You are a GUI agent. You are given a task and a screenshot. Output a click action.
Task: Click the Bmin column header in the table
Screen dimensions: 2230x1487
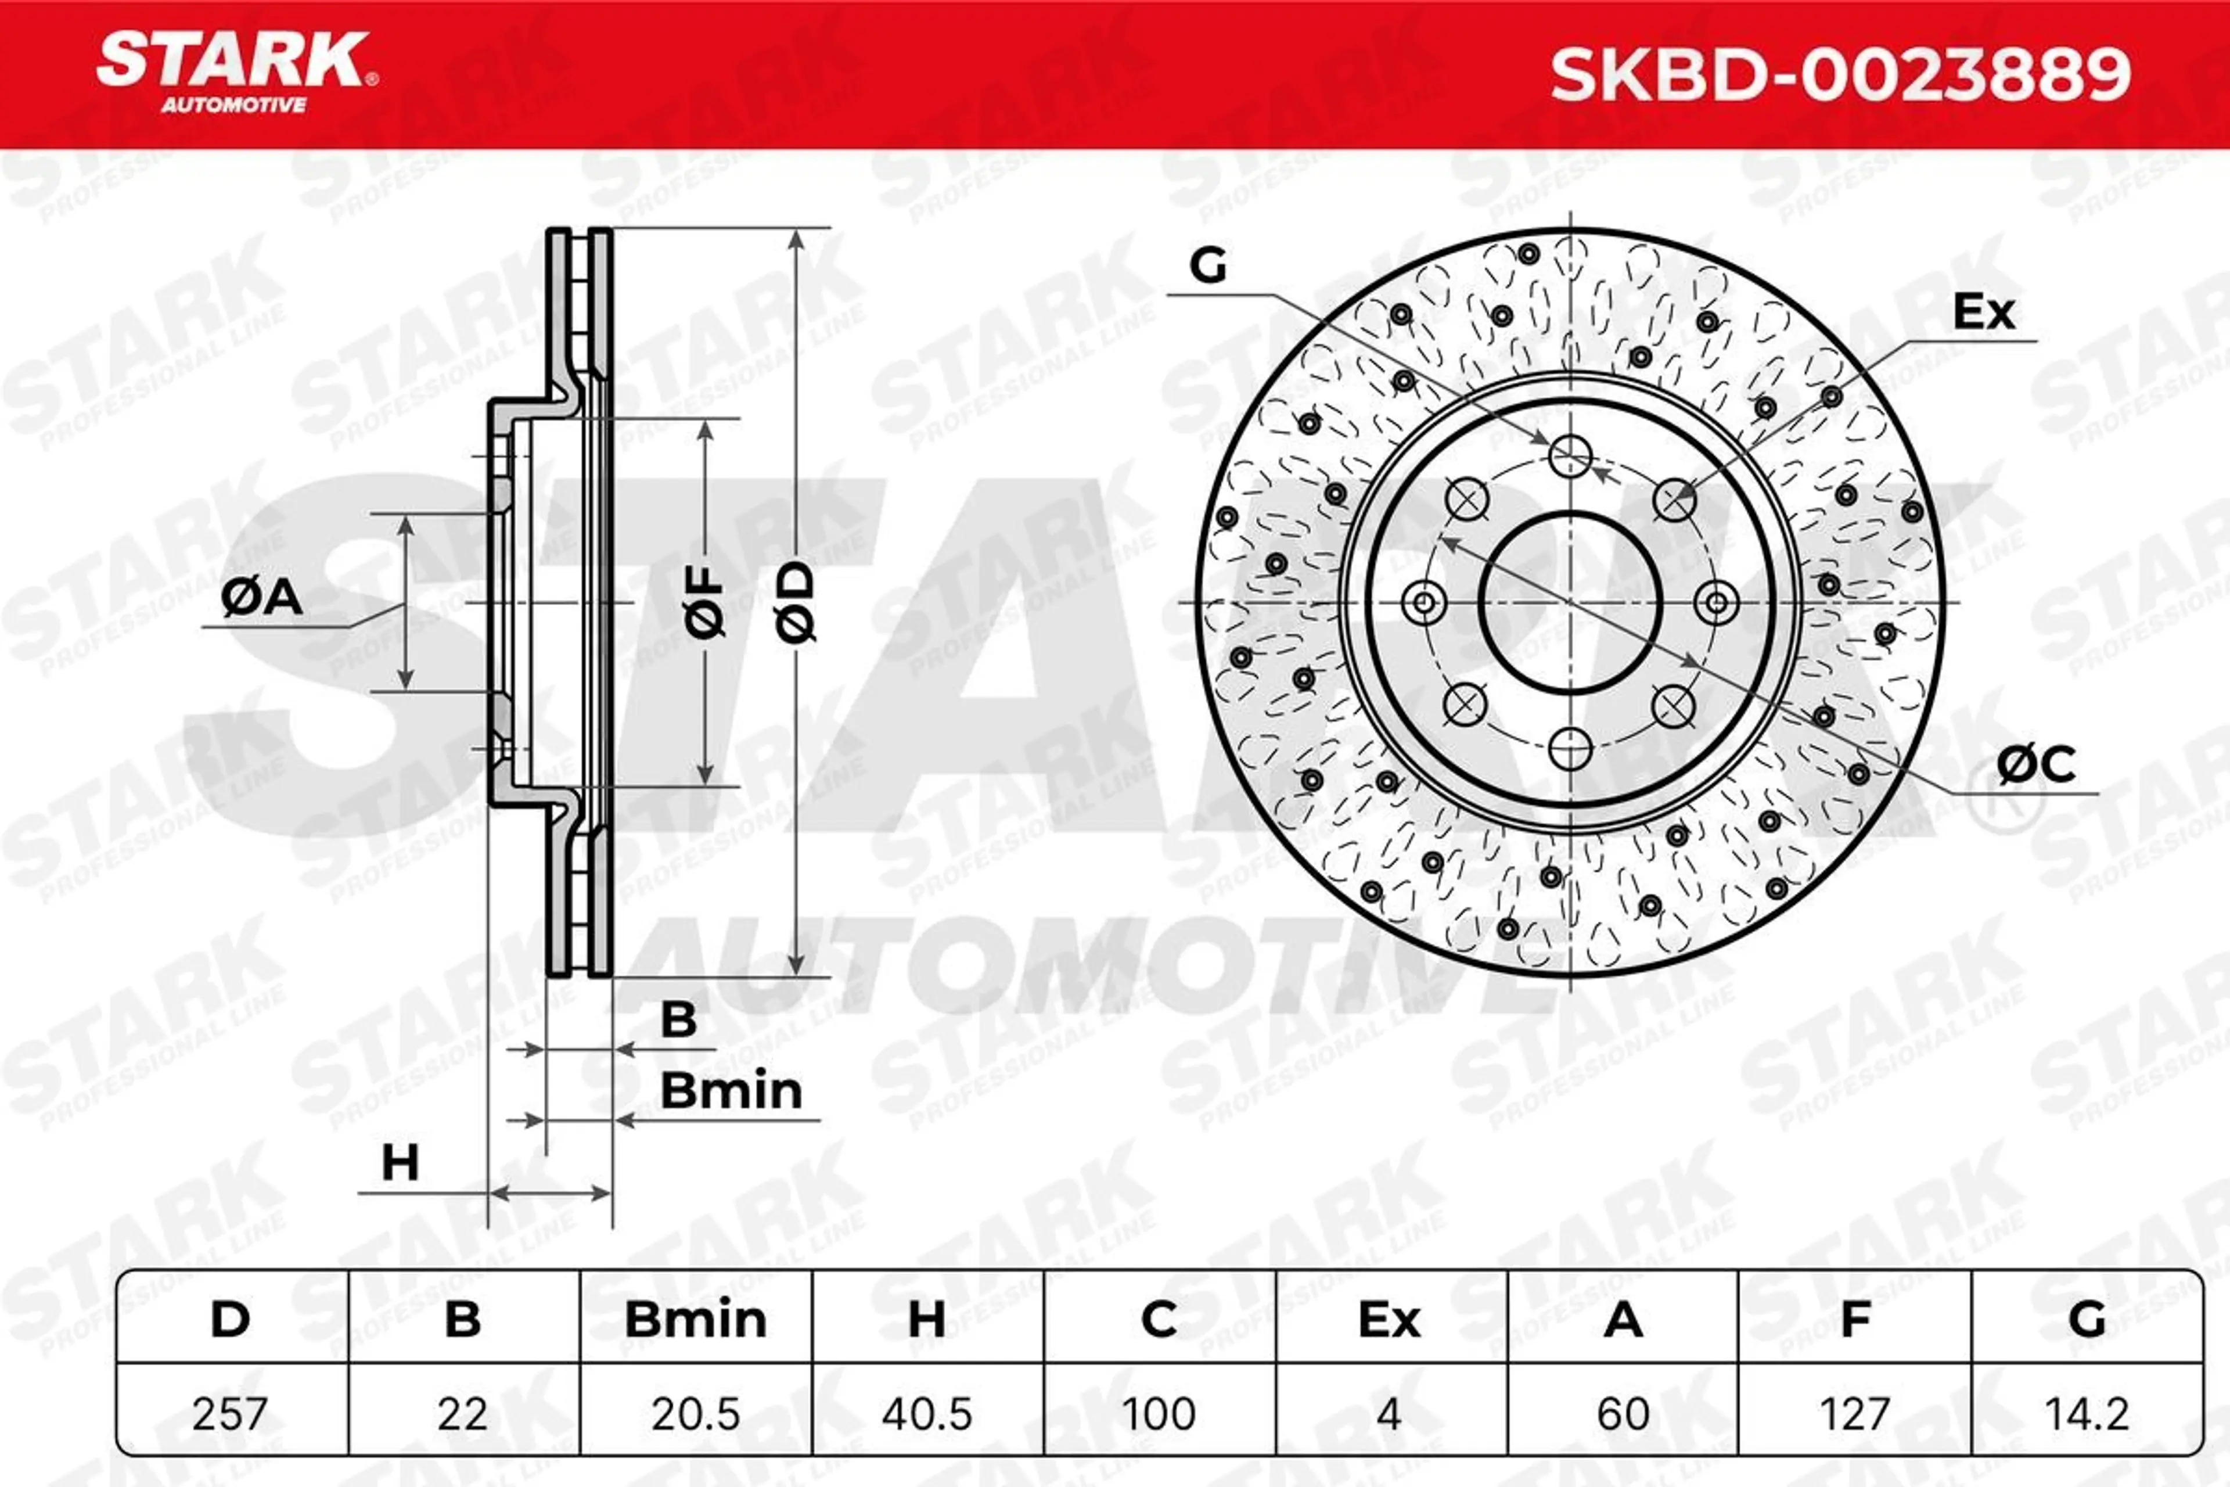click(695, 1320)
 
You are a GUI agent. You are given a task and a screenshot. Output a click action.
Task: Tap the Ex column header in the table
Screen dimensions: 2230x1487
click(1389, 1320)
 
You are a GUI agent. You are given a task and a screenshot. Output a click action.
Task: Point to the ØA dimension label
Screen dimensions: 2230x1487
click(262, 598)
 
